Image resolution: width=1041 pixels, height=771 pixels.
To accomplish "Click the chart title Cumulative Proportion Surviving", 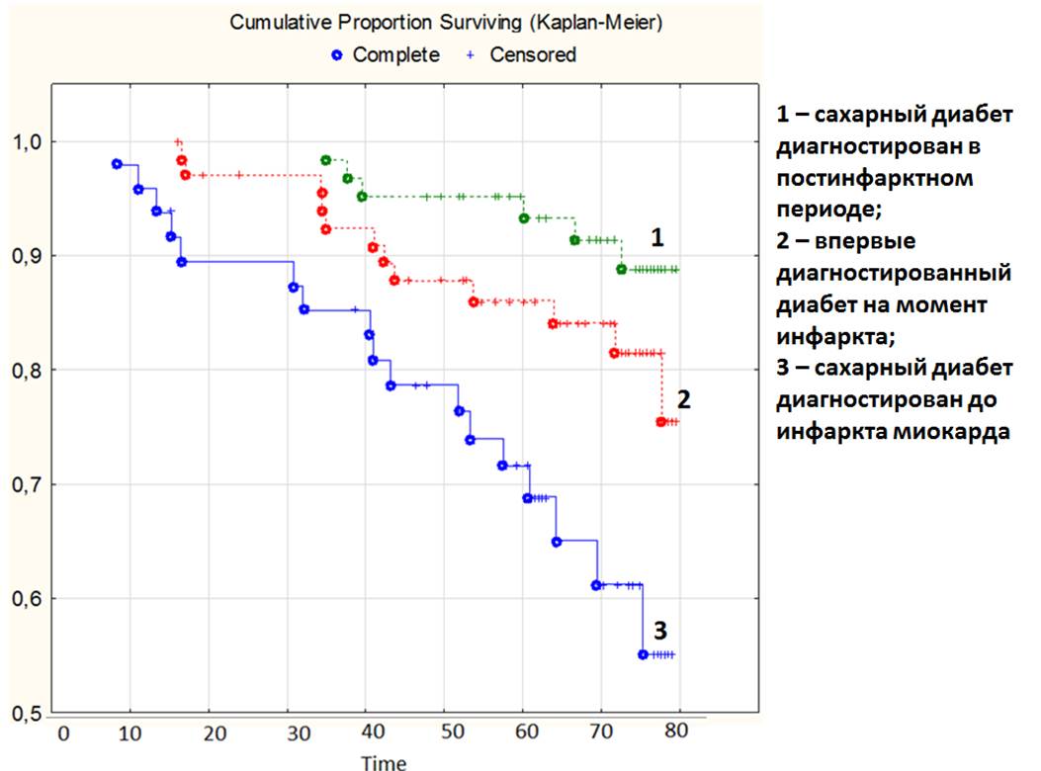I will pyautogui.click(x=448, y=23).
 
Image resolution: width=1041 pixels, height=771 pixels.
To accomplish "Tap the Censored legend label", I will pyautogui.click(x=532, y=55).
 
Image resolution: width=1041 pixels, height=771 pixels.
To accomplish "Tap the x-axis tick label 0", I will pyautogui.click(x=63, y=732).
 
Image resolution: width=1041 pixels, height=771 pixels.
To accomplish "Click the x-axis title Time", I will pyautogui.click(x=383, y=762).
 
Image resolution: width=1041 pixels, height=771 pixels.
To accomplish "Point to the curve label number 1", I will pyautogui.click(x=657, y=237).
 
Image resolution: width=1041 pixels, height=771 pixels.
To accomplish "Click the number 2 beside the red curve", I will pyautogui.click(x=683, y=399).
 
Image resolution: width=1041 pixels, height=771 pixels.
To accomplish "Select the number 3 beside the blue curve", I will pyautogui.click(x=659, y=630).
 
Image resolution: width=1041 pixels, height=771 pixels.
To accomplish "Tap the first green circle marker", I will pyautogui.click(x=326, y=160).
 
